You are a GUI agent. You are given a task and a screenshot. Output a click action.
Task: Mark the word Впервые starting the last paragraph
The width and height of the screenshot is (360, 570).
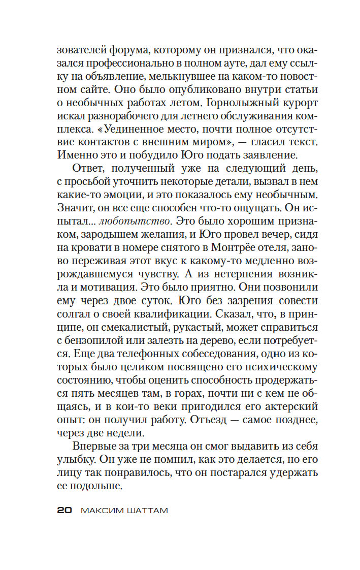97,446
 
